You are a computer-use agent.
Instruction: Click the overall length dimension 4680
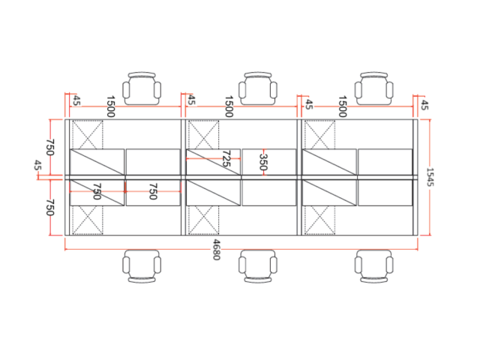coord(217,250)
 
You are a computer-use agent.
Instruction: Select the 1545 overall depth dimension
coord(430,177)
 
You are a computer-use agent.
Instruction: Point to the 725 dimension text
coord(226,158)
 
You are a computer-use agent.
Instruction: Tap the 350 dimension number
coord(263,162)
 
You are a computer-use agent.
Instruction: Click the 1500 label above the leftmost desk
coord(110,106)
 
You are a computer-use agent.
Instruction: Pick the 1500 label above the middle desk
coord(229,106)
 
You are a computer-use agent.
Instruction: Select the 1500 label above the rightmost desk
coord(342,106)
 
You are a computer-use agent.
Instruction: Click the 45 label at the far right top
coord(424,105)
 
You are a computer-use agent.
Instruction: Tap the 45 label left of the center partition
coord(37,165)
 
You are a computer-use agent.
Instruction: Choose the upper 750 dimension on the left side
coord(50,147)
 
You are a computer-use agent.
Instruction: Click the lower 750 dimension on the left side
coord(50,207)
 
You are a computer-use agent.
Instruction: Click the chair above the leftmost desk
coord(142,88)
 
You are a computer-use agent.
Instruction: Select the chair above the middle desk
coord(258,88)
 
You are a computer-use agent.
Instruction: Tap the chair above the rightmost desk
coord(373,88)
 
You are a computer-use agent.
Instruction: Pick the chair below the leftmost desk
coord(142,266)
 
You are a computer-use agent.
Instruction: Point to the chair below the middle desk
coord(258,266)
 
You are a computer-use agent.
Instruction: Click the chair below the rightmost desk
coord(373,266)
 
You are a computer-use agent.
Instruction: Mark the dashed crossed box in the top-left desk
coord(88,135)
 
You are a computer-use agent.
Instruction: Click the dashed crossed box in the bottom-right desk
coord(319,220)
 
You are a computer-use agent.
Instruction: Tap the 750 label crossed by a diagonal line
coord(97,191)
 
